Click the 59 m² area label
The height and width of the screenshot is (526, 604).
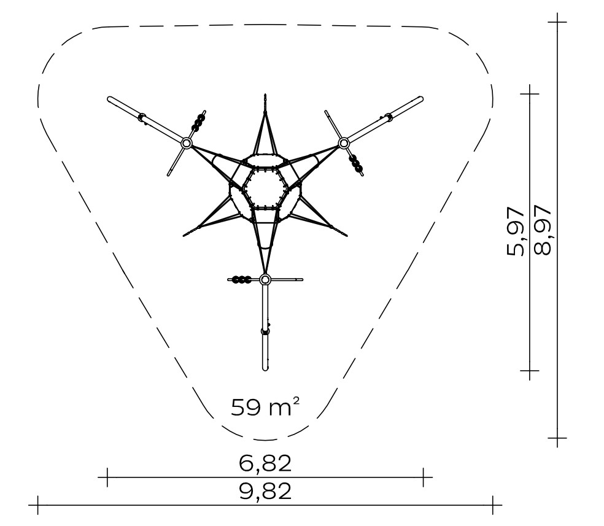pyautogui.click(x=265, y=408)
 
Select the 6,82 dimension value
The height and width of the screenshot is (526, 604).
pyautogui.click(x=265, y=463)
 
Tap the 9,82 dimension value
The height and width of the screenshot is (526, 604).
pyautogui.click(x=265, y=492)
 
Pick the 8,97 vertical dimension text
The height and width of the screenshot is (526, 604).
pyautogui.click(x=543, y=230)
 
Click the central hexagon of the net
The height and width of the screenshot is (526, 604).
pyautogui.click(x=265, y=187)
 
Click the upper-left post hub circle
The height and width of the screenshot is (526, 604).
pyautogui.click(x=187, y=143)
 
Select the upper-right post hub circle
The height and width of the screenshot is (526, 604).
pyautogui.click(x=343, y=143)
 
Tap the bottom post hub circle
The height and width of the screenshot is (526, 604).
pyautogui.click(x=265, y=279)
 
